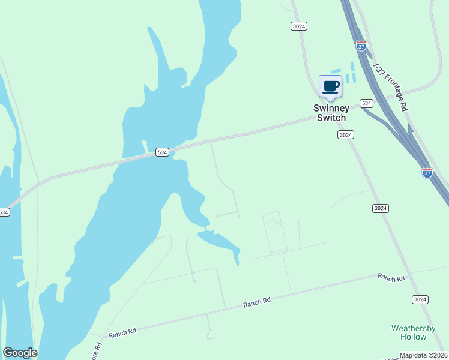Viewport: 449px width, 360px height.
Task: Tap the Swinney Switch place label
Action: click(331, 113)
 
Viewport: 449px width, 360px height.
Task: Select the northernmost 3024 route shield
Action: click(299, 26)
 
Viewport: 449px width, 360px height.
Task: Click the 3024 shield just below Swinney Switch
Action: click(345, 135)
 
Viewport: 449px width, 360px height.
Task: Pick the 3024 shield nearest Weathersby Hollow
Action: click(420, 299)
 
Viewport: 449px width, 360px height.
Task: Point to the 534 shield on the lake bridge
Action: click(162, 152)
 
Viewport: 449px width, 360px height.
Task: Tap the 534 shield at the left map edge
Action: click(4, 212)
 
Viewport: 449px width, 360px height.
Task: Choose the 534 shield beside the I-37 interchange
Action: click(367, 103)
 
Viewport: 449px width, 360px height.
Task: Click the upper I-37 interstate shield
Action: click(361, 46)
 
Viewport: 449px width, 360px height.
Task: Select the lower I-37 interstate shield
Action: click(427, 173)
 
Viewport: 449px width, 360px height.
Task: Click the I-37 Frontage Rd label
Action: click(390, 87)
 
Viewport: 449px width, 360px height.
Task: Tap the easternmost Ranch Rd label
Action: click(391, 278)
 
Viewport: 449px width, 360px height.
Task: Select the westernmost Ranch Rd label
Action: click(122, 332)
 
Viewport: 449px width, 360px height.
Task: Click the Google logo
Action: click(20, 353)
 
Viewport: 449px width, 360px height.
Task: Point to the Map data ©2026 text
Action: click(424, 355)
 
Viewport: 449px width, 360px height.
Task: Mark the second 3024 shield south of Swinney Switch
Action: click(380, 208)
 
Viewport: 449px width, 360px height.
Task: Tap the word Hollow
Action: click(414, 337)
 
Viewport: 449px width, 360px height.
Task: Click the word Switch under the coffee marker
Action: click(331, 118)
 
